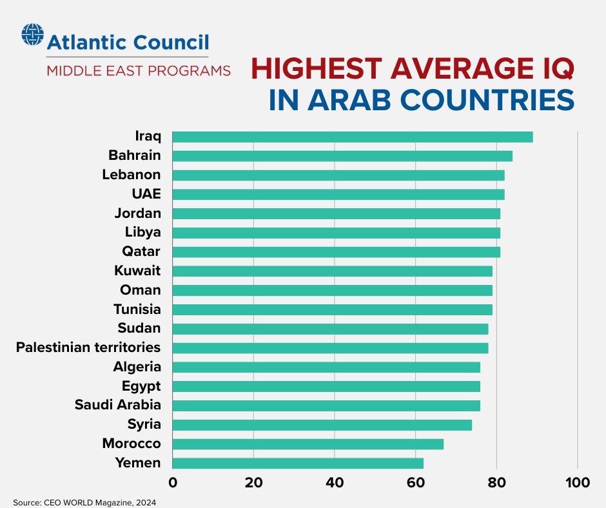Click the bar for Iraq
click(x=353, y=137)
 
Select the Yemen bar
click(x=298, y=463)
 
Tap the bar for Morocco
click(x=308, y=444)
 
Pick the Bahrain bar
click(x=342, y=156)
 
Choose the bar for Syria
click(x=322, y=425)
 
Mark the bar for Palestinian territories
click(x=330, y=348)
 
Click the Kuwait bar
click(x=332, y=271)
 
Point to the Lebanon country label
click(x=132, y=175)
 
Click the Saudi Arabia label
click(x=117, y=405)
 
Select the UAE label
click(x=146, y=194)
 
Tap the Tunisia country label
click(x=137, y=309)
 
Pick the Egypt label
click(x=141, y=386)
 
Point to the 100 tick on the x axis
click(x=577, y=483)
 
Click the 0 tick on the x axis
click(x=173, y=483)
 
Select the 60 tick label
click(x=416, y=483)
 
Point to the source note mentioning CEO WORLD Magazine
click(x=85, y=502)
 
